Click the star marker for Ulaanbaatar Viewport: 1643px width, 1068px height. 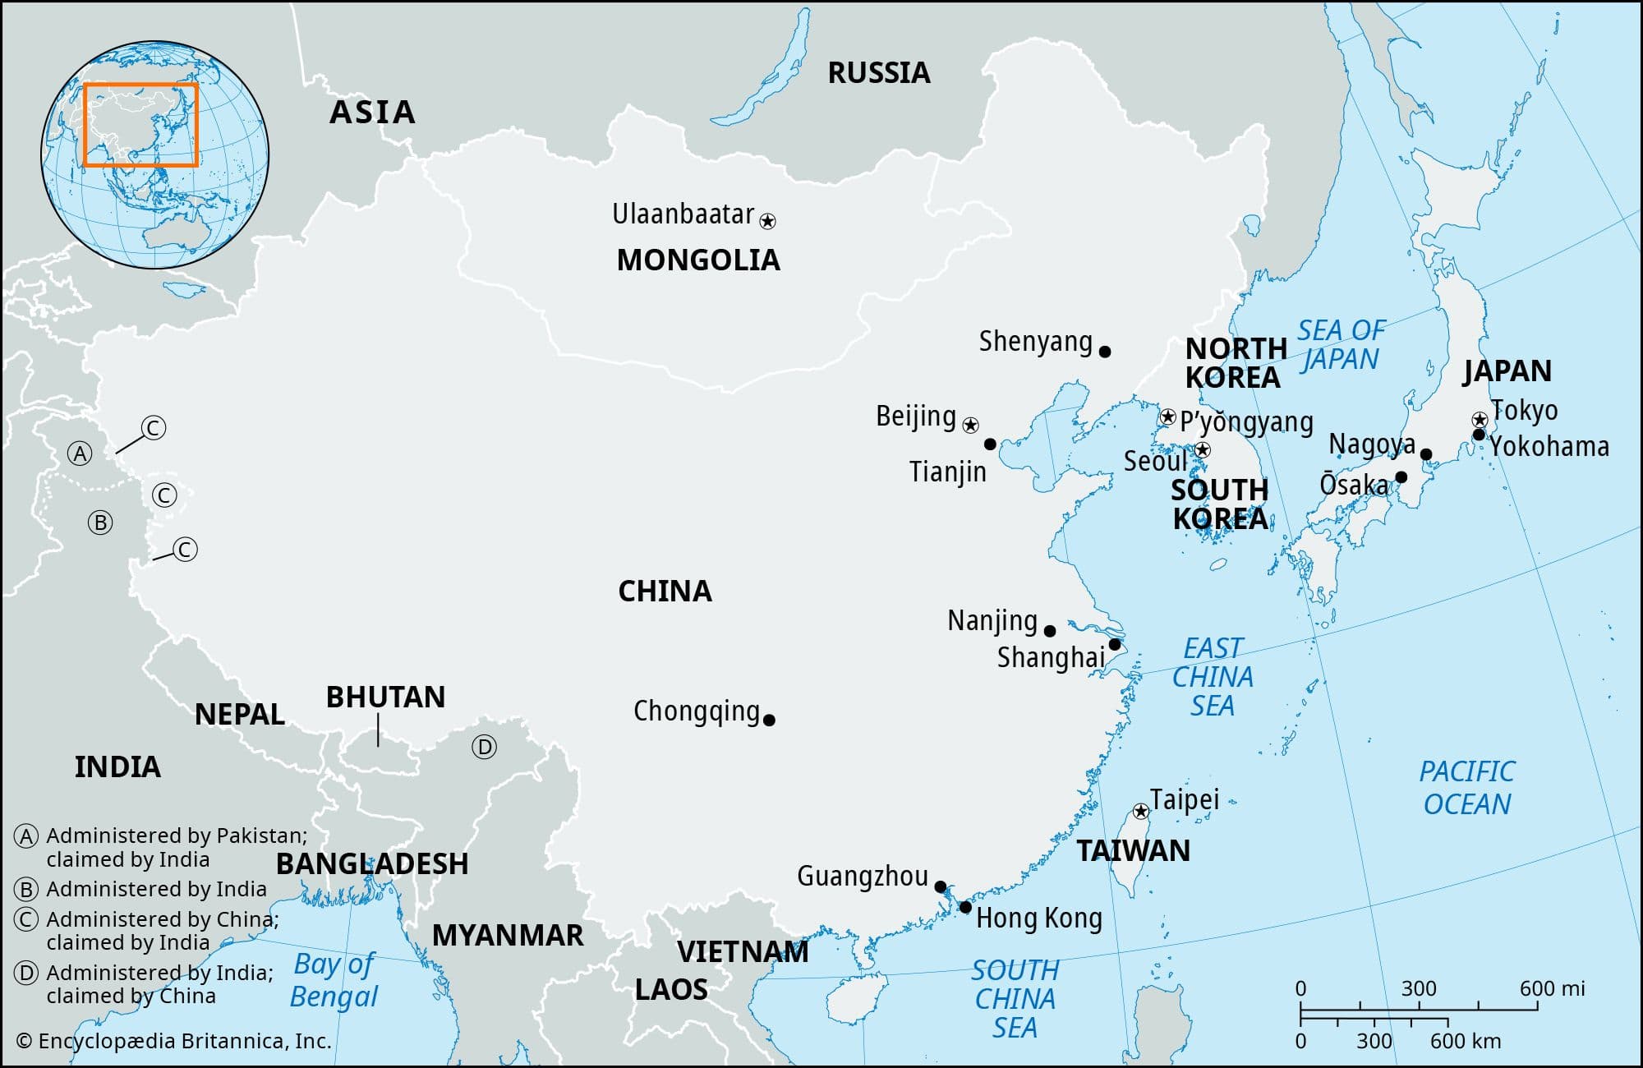[767, 221]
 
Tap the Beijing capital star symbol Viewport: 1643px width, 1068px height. [970, 425]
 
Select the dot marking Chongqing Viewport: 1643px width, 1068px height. [769, 720]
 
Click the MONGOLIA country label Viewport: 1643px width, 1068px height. [698, 260]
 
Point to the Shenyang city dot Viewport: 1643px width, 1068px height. [1105, 352]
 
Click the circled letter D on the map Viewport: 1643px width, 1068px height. [484, 747]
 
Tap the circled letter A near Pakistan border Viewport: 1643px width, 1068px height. [80, 453]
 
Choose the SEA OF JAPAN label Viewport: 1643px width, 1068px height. [1341, 345]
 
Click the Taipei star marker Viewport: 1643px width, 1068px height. [1140, 812]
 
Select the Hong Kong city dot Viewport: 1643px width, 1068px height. [965, 907]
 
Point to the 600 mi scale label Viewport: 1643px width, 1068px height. [1552, 988]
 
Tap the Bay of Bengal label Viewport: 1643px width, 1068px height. [334, 980]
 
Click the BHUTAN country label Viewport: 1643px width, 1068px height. [385, 697]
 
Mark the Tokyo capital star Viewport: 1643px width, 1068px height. [1480, 420]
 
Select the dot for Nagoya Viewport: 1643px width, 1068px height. [1426, 454]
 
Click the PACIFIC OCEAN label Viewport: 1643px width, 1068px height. [1467, 787]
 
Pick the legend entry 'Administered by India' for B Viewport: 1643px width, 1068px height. [156, 889]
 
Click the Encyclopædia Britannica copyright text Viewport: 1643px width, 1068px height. [173, 1041]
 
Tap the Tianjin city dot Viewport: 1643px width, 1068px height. [990, 444]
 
